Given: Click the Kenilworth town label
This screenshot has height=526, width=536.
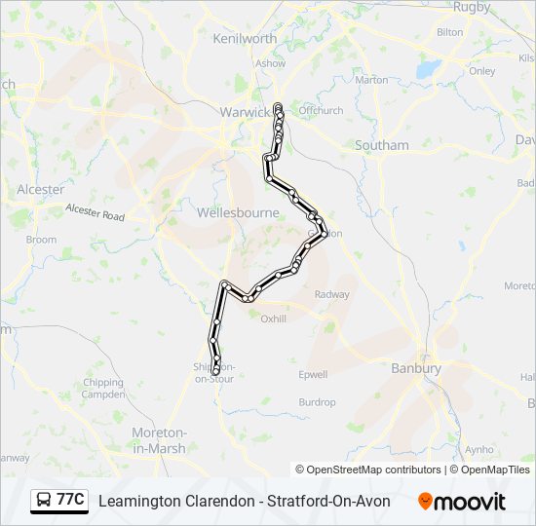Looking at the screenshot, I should click(245, 38).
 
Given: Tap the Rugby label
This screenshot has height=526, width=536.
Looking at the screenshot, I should click(472, 7).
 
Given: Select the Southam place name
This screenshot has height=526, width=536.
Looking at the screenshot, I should click(382, 145).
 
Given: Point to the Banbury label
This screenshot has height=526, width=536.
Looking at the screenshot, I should click(416, 368).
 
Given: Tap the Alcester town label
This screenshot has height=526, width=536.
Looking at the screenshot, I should click(40, 189).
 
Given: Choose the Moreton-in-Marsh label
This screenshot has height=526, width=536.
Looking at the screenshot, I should click(159, 439).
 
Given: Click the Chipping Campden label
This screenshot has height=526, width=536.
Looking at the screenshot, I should click(104, 389).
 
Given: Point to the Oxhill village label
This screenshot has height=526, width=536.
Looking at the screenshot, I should click(274, 317).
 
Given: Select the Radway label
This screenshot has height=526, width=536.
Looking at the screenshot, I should click(331, 294).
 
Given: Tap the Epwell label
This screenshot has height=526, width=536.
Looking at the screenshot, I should click(313, 374).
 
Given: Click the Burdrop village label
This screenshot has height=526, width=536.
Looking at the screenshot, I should click(317, 402).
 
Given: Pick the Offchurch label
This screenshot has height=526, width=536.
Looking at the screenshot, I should click(321, 111).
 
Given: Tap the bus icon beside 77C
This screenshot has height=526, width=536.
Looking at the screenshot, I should click(45, 500).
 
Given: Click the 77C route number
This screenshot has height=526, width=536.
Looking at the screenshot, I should click(70, 500).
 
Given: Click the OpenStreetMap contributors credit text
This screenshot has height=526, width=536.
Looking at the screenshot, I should click(368, 470).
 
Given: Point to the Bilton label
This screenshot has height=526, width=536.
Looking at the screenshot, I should click(450, 32).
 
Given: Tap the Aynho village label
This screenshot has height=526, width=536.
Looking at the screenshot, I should click(479, 450).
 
